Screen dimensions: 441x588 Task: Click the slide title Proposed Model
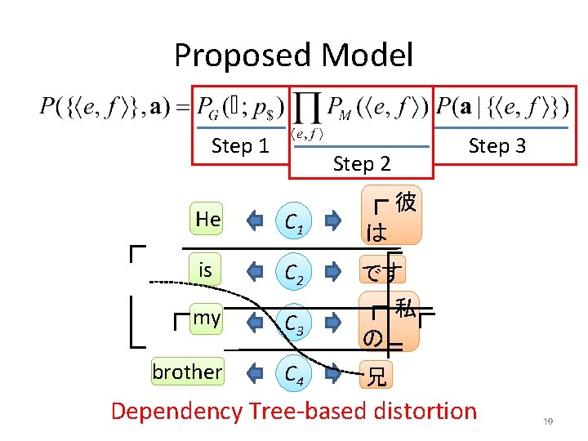(293, 56)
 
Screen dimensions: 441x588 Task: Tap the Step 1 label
(240, 146)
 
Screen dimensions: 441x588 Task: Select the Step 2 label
(362, 163)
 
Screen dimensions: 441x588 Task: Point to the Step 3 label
(497, 146)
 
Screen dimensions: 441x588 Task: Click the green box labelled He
(208, 219)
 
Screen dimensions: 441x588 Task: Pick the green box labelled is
(206, 269)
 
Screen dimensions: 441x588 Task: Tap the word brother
(187, 372)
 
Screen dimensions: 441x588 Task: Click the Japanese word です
(383, 270)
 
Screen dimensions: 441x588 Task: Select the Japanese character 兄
(376, 377)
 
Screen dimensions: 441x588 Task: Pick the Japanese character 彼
(405, 203)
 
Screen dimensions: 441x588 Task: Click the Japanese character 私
(405, 309)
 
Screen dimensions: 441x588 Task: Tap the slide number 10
(548, 421)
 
